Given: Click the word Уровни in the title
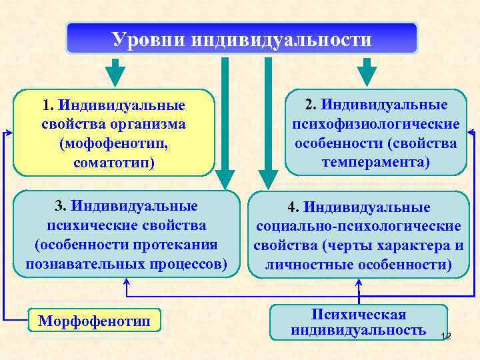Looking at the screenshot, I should (148, 39).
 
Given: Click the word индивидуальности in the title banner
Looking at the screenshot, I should (281, 39).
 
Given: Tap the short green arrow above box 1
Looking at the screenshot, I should (115, 71).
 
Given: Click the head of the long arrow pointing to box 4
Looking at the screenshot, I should (269, 178).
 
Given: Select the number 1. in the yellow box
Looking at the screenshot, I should (47, 105).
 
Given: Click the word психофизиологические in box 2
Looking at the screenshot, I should (375, 125).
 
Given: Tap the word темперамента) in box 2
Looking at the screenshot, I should (375, 162).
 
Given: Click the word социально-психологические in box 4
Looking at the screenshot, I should (359, 227).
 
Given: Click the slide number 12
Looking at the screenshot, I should (446, 337).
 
